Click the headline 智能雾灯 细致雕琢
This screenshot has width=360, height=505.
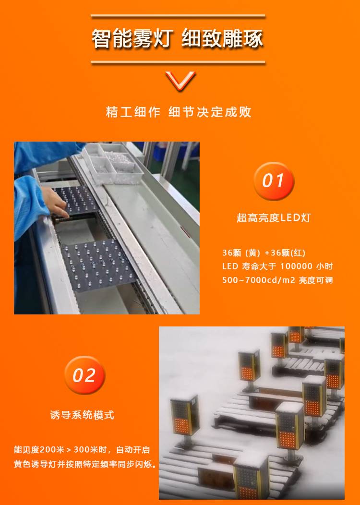coord(178,39)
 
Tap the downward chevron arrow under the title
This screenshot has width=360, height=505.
coord(180,81)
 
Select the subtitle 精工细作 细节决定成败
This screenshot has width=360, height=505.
coord(179,112)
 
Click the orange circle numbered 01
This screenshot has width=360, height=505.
coord(274,180)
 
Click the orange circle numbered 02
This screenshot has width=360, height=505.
coord(84,375)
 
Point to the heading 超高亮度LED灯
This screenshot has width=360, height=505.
coord(274,218)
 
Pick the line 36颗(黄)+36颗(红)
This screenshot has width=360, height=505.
coord(264,253)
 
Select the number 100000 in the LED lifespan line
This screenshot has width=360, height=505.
coord(296,266)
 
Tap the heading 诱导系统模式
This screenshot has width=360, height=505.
coord(82,415)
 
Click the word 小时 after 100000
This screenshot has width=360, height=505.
coord(324,266)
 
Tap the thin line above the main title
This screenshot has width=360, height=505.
coord(178,15)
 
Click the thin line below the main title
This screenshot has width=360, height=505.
coord(178,62)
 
